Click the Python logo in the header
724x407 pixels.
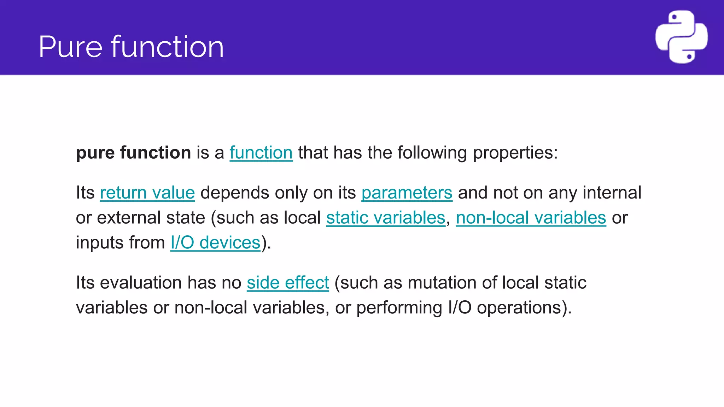point(681,37)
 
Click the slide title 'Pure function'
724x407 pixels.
point(131,47)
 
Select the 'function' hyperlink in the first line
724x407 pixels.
point(261,153)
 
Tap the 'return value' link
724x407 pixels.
point(147,193)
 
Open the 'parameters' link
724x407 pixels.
point(407,193)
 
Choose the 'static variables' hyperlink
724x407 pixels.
point(385,218)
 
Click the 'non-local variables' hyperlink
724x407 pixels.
point(531,218)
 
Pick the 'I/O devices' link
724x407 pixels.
point(215,243)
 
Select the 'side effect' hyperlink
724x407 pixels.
point(288,283)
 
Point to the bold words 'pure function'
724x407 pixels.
point(133,153)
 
